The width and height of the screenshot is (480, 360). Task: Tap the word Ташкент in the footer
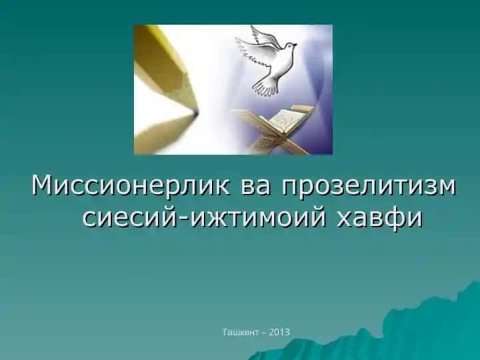click(240, 332)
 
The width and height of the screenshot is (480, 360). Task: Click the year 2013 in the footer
click(279, 332)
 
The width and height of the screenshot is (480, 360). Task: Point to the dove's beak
click(295, 45)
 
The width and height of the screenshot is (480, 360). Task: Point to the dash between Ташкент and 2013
click(263, 333)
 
